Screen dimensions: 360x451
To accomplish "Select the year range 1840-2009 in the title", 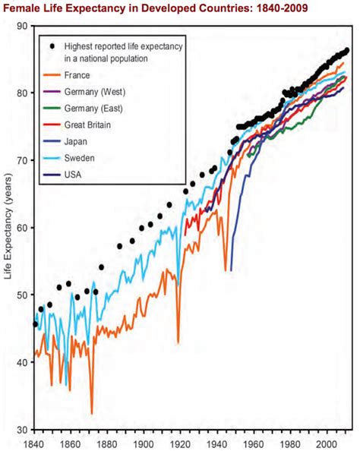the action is [x=282, y=8].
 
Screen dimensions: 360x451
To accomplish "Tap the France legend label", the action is [x=77, y=75].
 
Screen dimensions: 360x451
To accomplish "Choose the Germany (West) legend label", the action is [x=95, y=92].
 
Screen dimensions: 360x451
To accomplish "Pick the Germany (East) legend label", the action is [x=93, y=109].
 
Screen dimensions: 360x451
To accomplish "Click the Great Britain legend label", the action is [x=87, y=125].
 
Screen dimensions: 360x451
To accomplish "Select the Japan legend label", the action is [x=75, y=141].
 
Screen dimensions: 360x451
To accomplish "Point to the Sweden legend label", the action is [x=79, y=158].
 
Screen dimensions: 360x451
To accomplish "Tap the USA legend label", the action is [x=73, y=175].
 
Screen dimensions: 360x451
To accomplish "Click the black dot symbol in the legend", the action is [x=52, y=46].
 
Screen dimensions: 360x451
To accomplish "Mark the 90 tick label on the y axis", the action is [x=22, y=26].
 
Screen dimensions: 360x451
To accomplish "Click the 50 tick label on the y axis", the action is [x=22, y=295].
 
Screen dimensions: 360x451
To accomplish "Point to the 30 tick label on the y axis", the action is [x=22, y=430].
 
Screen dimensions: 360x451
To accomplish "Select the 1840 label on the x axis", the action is [x=34, y=445].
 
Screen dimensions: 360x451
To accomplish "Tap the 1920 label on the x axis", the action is [x=181, y=445].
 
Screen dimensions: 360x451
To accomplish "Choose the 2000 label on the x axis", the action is [x=327, y=445].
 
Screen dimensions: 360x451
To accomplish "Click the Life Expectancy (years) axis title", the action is [x=8, y=225].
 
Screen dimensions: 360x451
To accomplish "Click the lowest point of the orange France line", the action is [x=92, y=414].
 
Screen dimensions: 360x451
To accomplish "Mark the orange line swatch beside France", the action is [x=52, y=75].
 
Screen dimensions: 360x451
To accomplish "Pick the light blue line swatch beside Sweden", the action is [x=52, y=158].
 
